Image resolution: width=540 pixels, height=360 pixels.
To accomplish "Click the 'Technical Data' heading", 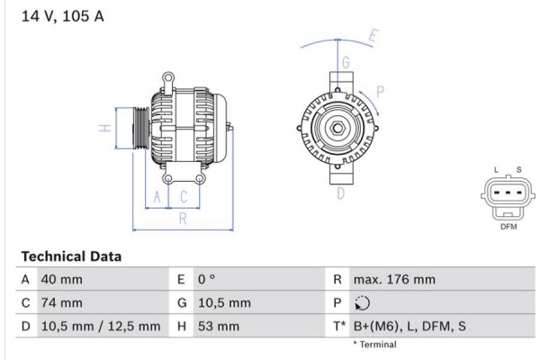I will point(71,256).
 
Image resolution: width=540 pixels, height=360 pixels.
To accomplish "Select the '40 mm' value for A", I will point(61,280).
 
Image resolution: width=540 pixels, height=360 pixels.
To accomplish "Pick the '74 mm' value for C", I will point(61,303).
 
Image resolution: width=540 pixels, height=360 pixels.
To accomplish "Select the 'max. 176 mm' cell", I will point(395,280).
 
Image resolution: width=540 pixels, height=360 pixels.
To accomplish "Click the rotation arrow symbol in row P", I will point(363,303).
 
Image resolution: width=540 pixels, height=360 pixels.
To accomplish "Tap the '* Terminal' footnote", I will point(374,345).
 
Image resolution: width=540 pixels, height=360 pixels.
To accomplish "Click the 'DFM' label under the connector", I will point(508,227).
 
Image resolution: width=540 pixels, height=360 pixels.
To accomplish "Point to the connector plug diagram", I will point(508,196).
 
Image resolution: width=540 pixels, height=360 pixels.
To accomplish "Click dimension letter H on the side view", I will point(104,128).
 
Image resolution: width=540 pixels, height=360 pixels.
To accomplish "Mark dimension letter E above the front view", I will point(373,37).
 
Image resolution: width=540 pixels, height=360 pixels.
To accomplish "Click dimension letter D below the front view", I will point(341,193).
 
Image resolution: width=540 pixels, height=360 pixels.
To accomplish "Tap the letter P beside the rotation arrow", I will point(381,91).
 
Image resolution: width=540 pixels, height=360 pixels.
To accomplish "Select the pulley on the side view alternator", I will point(139,128).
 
